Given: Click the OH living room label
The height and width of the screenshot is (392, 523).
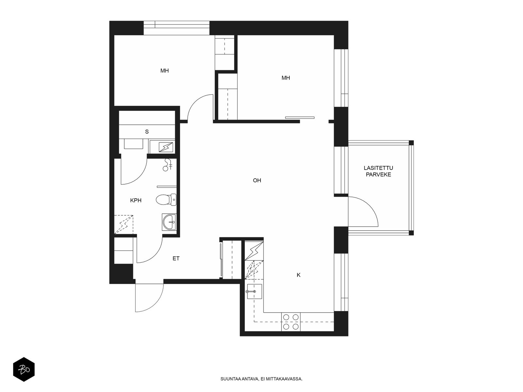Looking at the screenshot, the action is pos(257,180).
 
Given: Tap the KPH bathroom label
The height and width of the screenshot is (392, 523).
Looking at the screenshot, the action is pos(136,200).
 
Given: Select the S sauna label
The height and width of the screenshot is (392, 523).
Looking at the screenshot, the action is pos(147,132).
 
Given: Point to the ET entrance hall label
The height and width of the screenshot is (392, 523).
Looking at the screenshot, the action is pos(176,258).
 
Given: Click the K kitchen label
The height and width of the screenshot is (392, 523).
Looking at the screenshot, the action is pos(298,275).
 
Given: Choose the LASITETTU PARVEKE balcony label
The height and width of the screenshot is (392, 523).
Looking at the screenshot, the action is pos(379,171).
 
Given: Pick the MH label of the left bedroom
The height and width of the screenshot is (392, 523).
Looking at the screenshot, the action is pos(164,71).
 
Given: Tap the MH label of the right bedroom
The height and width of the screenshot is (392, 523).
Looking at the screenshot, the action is pos(286,78).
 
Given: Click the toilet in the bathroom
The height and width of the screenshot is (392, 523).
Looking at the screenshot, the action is pos(166,200).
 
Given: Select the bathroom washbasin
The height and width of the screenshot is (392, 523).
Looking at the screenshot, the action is pos(169,222).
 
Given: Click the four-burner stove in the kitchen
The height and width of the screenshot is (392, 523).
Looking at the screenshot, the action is pos(291,322).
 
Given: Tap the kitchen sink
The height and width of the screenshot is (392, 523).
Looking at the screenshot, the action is pos(254,291).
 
